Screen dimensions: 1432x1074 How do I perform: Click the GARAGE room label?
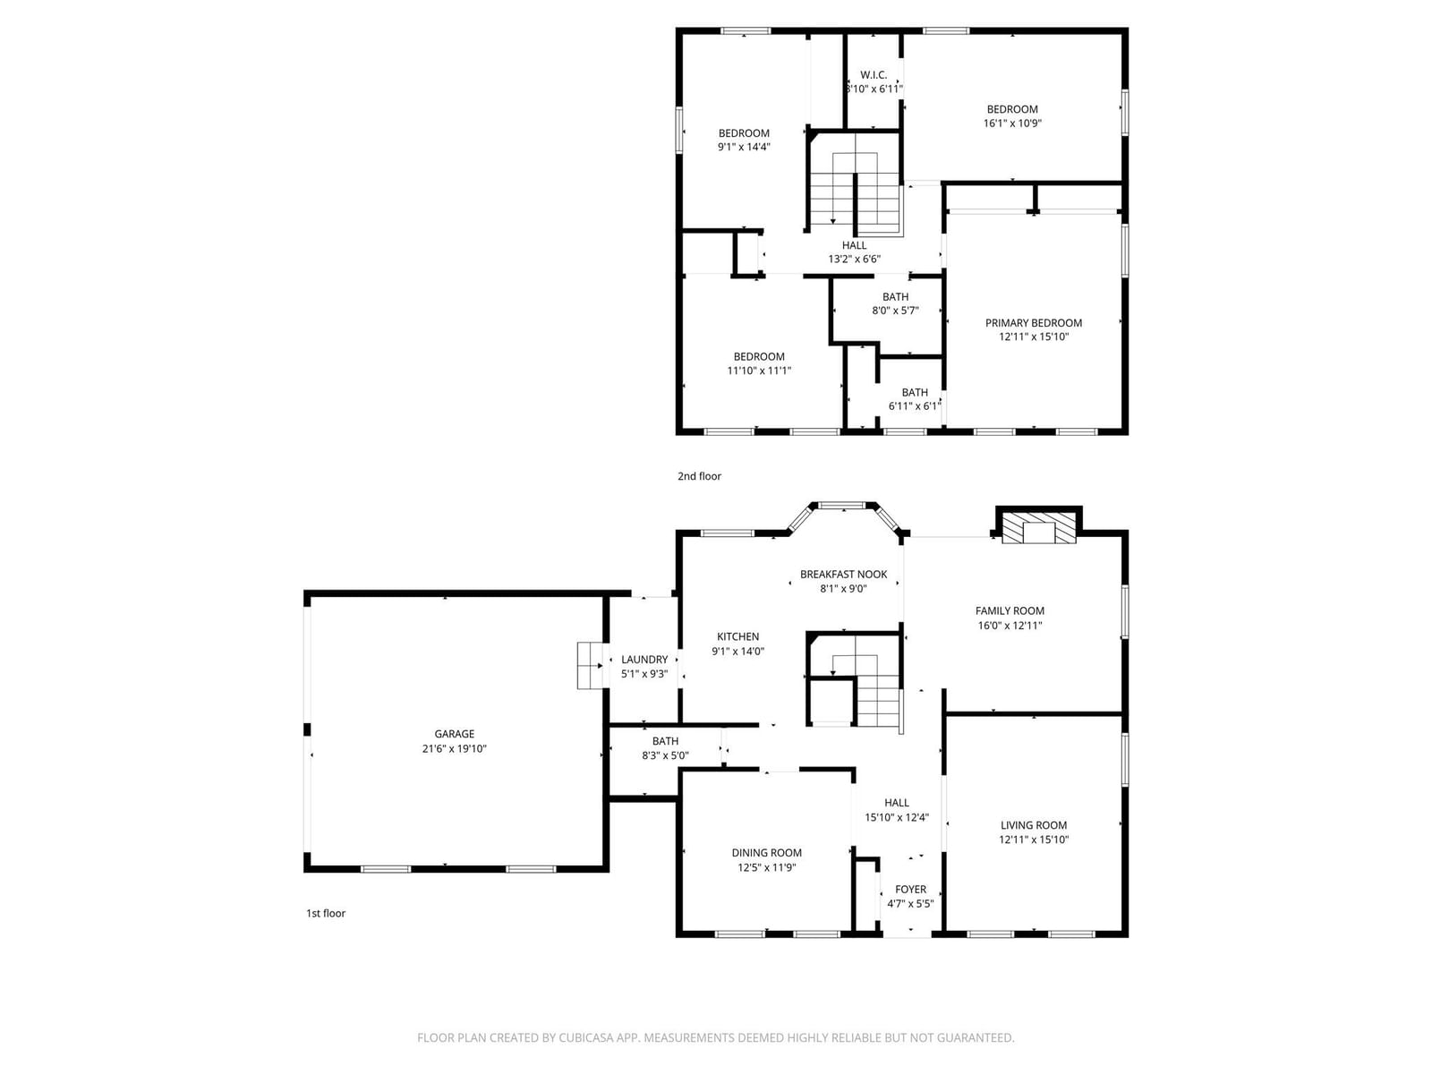click(454, 734)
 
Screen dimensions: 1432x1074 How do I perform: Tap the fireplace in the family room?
click(1038, 527)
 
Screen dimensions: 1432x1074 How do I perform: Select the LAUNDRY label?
click(644, 660)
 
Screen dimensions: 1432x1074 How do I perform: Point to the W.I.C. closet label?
click(874, 75)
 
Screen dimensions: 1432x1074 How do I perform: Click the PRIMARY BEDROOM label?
click(1034, 323)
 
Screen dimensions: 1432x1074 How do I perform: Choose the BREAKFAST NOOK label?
click(844, 575)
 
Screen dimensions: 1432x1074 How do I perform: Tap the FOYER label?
click(911, 890)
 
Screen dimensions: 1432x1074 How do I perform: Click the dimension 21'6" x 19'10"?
click(454, 748)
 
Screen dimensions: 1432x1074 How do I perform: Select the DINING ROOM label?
click(766, 853)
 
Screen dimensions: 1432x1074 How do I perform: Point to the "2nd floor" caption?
click(699, 476)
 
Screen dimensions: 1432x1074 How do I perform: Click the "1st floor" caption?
click(326, 913)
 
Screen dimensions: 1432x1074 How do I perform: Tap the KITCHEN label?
click(737, 636)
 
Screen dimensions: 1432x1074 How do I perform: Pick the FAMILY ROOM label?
click(1010, 611)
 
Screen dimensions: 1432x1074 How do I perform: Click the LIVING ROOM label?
click(1034, 825)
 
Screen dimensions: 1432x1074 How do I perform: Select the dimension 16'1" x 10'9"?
click(1012, 124)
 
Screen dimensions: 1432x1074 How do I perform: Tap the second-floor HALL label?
click(854, 245)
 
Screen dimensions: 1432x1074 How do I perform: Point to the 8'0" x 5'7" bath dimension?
click(895, 311)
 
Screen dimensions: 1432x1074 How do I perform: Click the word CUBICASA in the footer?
click(586, 1037)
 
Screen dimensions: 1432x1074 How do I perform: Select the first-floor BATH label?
click(665, 741)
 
